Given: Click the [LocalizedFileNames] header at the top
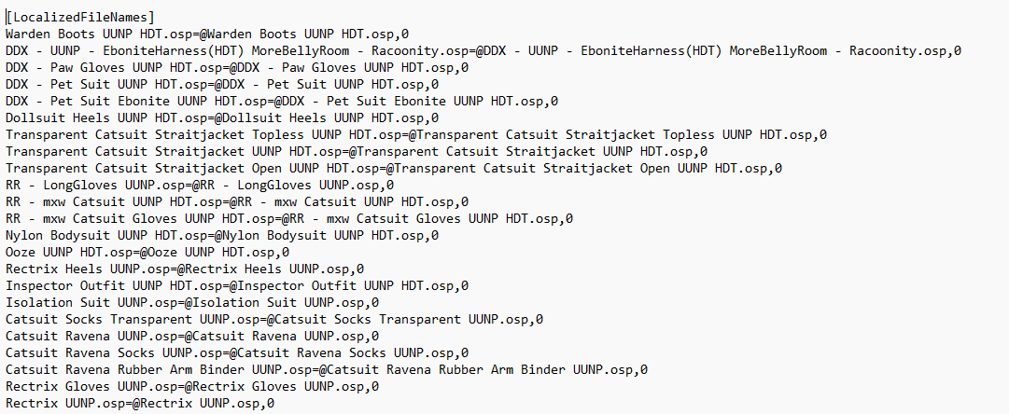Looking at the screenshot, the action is [x=79, y=18].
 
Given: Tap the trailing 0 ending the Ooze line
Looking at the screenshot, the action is [x=285, y=252].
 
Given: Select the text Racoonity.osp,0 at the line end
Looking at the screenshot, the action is [x=904, y=50].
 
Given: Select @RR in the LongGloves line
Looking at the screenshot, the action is [x=196, y=186].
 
